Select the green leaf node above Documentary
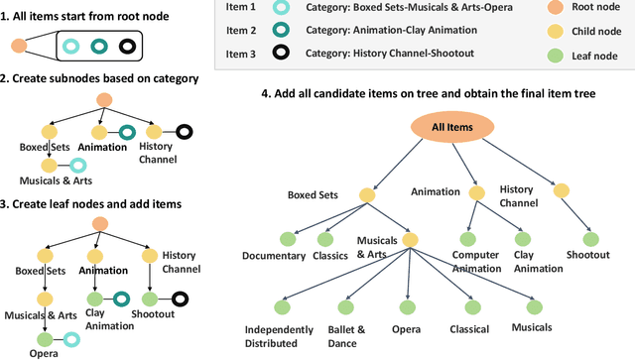(x=288, y=238)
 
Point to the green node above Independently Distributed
(x=284, y=301)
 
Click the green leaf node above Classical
(x=468, y=301)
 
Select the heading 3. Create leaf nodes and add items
(x=91, y=203)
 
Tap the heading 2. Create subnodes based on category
(x=99, y=77)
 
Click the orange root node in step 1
(x=18, y=47)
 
